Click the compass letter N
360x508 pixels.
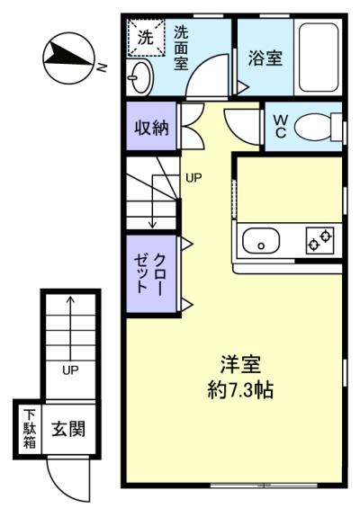pos(103,67)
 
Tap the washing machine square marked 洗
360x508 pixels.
pos(146,38)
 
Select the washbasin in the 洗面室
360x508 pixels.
pos(140,77)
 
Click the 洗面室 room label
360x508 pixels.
pos(181,48)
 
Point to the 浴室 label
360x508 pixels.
pos(265,58)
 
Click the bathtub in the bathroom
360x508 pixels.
pos(319,57)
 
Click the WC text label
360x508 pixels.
pos(280,127)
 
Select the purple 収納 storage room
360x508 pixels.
pos(151,126)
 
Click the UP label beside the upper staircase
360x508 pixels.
pos(193,177)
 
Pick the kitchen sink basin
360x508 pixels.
pos(261,241)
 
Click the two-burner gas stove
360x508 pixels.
pos(319,240)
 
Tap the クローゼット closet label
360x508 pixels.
pos(150,273)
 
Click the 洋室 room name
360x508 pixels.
pos(240,364)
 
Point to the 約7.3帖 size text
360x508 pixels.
pos(240,389)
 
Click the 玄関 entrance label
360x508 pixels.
pos(68,428)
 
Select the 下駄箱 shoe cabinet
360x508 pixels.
pos(30,429)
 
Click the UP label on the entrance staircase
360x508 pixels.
pos(70,370)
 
